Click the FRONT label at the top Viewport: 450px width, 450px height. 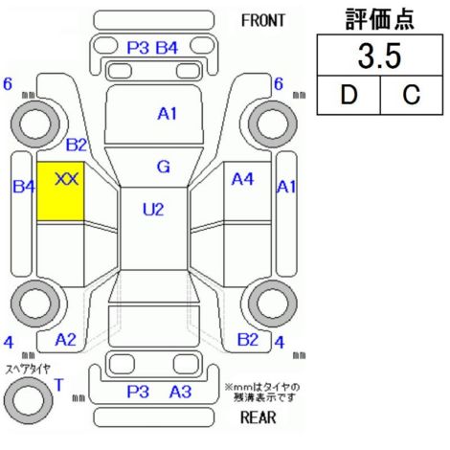coord(263,21)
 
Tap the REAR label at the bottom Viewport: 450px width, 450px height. coord(259,416)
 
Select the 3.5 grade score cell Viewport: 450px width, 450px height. coord(380,56)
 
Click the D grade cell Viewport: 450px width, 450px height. coord(349,95)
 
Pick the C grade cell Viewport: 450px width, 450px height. coord(412,95)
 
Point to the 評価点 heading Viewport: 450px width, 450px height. coord(380,18)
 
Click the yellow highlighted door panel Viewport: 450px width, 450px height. coord(60,191)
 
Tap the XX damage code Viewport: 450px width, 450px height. coord(67,179)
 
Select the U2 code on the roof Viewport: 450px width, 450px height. coord(153,210)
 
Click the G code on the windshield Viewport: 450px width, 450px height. coord(164,167)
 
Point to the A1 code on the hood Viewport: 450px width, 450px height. coord(168,114)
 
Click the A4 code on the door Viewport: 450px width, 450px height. coord(242,179)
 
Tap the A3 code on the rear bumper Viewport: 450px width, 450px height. coord(180,392)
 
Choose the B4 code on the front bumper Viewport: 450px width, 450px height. coord(167,48)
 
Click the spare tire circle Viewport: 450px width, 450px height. coord(29,400)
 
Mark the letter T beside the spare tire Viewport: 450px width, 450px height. coord(59,385)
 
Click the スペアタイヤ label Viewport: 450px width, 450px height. coord(28,370)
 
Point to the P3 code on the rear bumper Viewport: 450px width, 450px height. coord(138,392)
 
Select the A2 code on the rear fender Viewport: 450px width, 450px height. coord(66,340)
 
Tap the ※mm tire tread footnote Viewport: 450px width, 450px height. coord(262,393)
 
